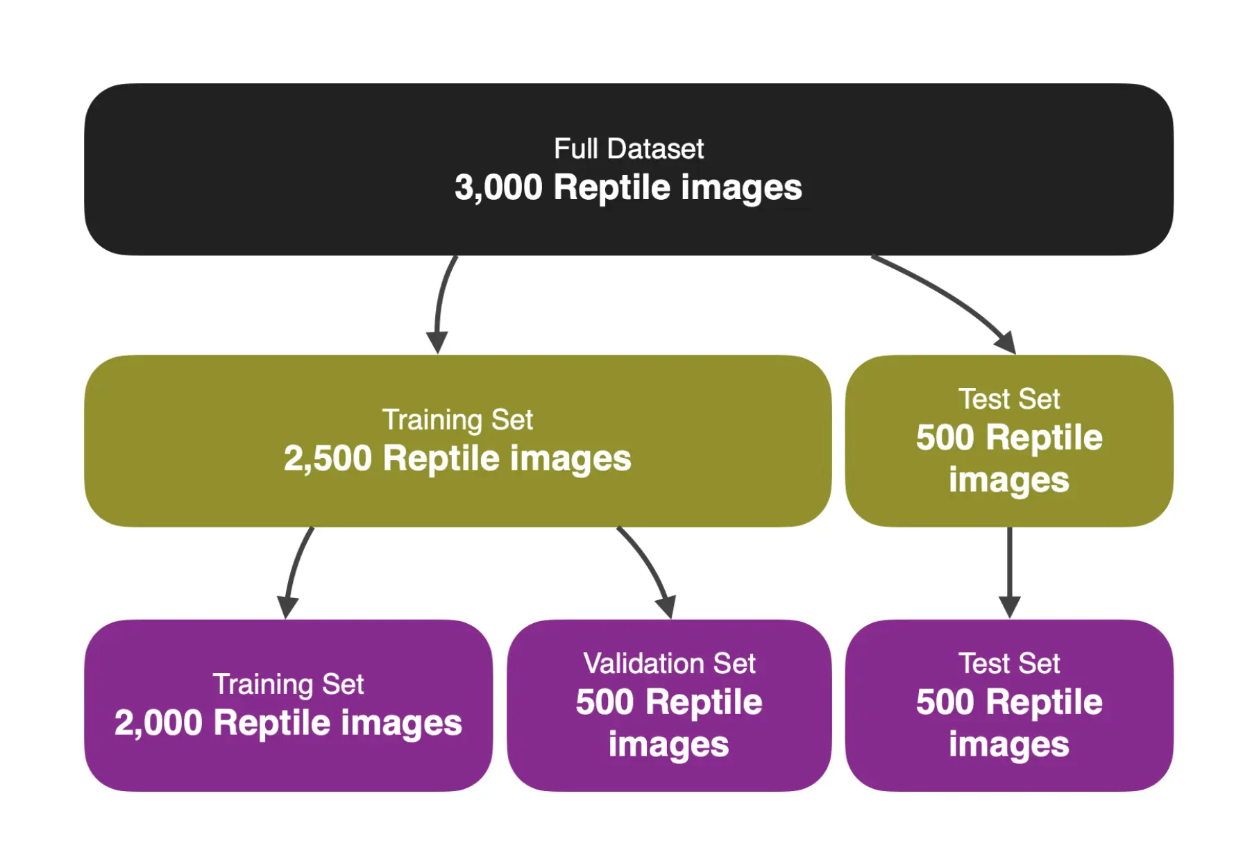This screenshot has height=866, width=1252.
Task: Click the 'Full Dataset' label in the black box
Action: [628, 148]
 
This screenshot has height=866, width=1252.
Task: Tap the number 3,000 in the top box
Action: [498, 187]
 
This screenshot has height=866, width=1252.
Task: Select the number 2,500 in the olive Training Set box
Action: [328, 459]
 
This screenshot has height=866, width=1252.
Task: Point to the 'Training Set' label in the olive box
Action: [457, 420]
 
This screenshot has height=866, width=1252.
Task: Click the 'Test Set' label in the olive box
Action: [1009, 399]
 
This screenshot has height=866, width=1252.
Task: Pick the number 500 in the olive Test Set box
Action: [945, 438]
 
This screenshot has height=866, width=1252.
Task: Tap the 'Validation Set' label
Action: [669, 663]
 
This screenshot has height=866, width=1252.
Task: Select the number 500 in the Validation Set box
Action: [605, 702]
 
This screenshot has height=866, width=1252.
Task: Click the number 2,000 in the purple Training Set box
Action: [158, 723]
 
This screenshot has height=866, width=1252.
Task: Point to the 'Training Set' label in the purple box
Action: [288, 684]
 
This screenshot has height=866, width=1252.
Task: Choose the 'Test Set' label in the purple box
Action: [1009, 663]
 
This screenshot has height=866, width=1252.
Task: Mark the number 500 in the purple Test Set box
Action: [945, 702]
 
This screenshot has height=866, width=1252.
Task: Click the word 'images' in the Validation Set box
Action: [669, 745]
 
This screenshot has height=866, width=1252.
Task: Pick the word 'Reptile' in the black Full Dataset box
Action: [611, 187]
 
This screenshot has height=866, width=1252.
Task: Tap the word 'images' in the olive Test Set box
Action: [1009, 480]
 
